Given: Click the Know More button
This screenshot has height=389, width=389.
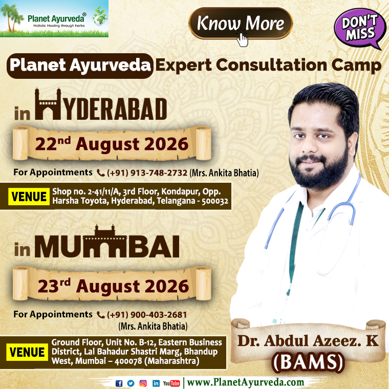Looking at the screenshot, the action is point(241,24).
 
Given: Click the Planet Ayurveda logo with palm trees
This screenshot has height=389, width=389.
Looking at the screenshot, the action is point(54,18).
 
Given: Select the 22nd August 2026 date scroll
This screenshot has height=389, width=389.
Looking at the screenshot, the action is point(112,143).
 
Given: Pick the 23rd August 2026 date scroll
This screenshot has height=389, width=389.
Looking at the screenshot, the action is point(112,284).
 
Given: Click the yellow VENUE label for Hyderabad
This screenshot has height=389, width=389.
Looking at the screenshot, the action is point(29,197).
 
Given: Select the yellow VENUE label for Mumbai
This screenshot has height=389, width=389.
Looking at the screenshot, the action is point(27,352).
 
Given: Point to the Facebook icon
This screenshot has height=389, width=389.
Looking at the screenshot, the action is point(119,383).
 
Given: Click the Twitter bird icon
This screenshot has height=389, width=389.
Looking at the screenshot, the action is point(131,383).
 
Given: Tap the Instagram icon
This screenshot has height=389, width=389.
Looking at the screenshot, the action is point(143,383).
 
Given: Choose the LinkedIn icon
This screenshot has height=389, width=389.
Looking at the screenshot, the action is point(156,383).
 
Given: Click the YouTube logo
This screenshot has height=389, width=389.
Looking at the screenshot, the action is point(171,383).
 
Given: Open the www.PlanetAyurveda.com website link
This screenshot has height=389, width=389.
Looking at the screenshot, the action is point(246,382).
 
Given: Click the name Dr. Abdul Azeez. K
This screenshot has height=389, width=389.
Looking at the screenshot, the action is point(308,341).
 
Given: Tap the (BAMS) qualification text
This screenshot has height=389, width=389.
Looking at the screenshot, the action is point(308,362).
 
